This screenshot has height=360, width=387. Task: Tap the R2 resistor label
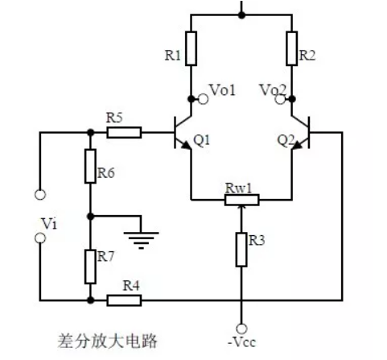click(x=307, y=56)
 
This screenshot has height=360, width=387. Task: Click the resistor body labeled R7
click(x=90, y=265)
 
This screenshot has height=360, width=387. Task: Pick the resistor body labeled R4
click(x=124, y=301)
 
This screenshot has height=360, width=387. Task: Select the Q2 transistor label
click(x=286, y=139)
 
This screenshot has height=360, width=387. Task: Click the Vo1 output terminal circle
click(x=204, y=99)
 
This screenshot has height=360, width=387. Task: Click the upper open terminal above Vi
click(x=38, y=194)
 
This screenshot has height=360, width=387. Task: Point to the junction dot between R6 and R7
click(x=90, y=216)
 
